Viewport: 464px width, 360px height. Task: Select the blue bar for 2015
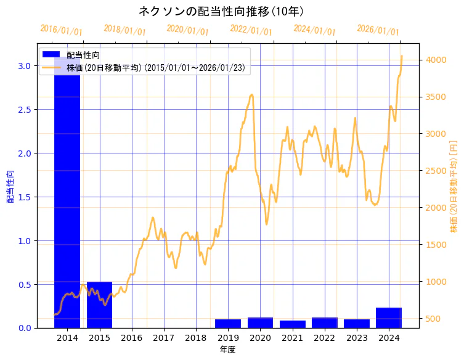coord(99,305)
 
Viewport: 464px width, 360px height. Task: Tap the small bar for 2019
coord(228,324)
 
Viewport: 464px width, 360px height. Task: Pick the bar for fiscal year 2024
coord(389,317)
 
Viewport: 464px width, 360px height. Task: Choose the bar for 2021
coord(293,324)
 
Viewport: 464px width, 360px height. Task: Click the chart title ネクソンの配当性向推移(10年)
coord(221,11)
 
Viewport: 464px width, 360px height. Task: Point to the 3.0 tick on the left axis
coord(24,66)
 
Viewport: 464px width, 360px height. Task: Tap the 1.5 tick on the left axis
coord(24,197)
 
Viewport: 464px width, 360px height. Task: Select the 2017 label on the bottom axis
coord(164,338)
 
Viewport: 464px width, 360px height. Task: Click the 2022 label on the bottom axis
coord(325,338)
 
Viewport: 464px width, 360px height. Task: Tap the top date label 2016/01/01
coord(61,30)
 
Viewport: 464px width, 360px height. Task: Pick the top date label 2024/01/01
coord(314,30)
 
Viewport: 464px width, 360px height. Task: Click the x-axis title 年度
coord(227,350)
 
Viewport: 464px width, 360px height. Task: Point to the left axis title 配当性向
coord(10,187)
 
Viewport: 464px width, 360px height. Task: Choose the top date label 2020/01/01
coord(188,30)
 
